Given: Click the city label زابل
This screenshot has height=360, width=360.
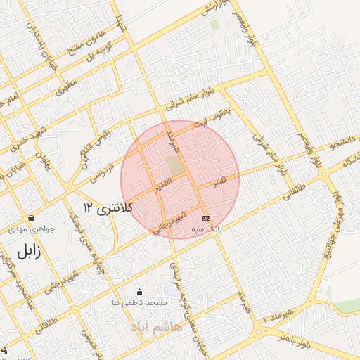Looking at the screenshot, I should tap(28, 250).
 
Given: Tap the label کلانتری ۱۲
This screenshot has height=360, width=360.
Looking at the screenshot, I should tap(107, 207).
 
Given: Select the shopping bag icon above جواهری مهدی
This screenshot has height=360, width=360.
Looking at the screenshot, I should tap(30, 219).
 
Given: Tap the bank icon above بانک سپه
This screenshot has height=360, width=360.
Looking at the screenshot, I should tap(205, 219).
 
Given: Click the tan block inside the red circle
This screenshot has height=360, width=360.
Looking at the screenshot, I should tap(174, 166).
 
